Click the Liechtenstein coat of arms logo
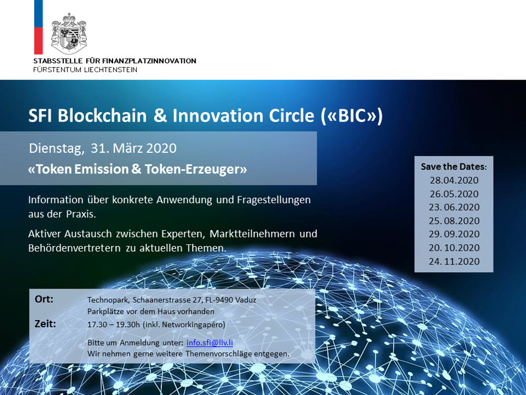(x=69, y=33)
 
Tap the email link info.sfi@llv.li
(x=210, y=343)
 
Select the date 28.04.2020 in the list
(x=454, y=180)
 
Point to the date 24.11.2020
(x=454, y=261)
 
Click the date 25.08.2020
(x=454, y=221)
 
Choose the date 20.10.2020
(x=454, y=248)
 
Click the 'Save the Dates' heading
(x=453, y=166)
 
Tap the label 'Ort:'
(x=44, y=299)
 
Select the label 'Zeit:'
(x=45, y=324)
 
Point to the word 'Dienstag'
(x=57, y=149)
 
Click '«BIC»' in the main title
(x=351, y=115)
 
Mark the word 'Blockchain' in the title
(x=103, y=115)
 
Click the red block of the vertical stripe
(x=38, y=41)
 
